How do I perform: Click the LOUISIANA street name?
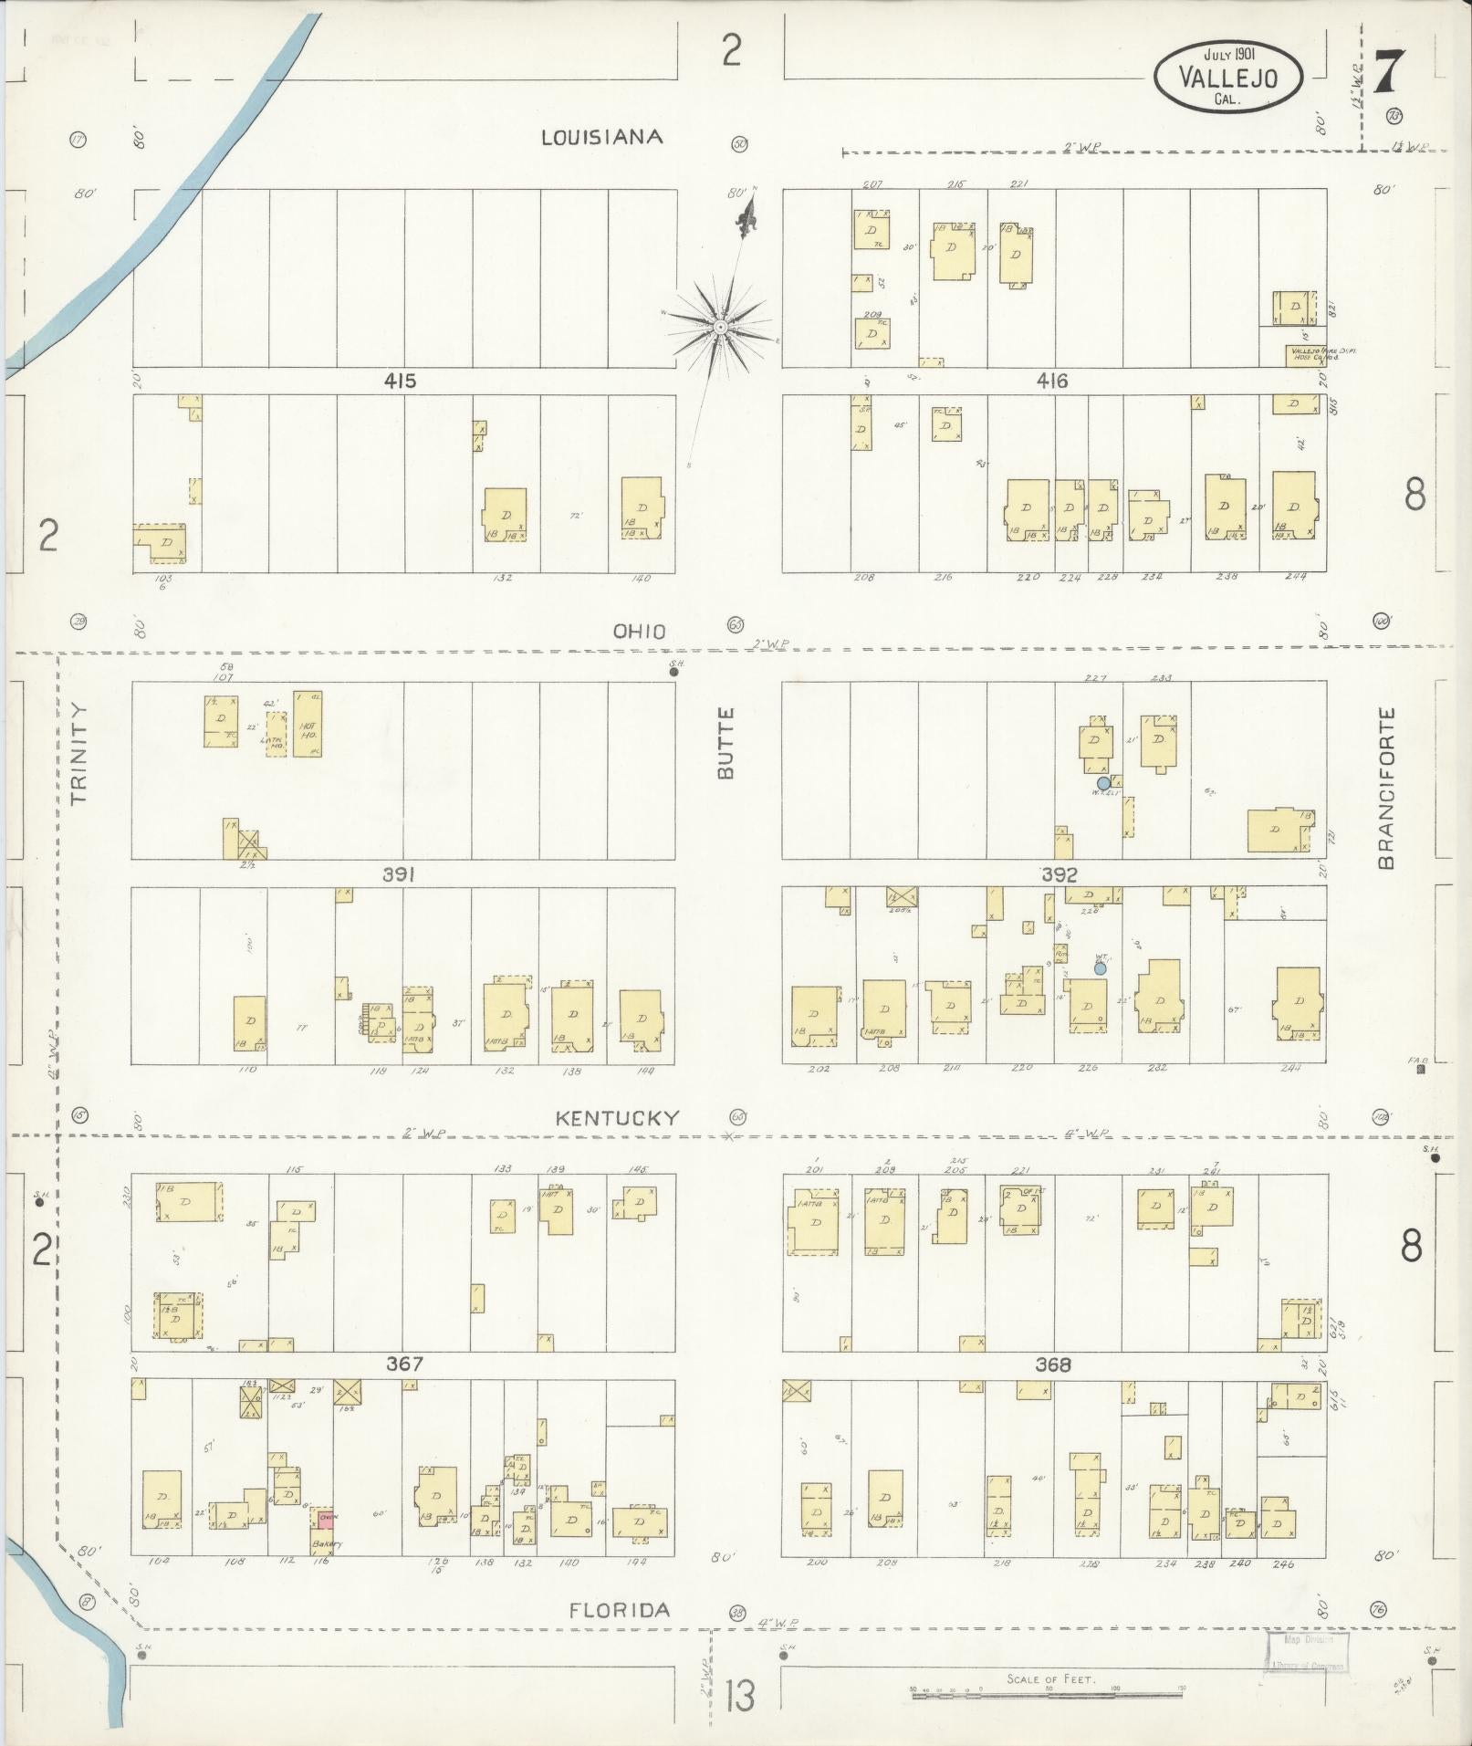click(601, 137)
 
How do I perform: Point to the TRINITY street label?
click(78, 753)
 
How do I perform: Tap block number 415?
click(400, 381)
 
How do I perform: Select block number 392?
click(1060, 874)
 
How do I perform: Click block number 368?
click(1052, 1365)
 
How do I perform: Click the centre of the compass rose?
click(720, 326)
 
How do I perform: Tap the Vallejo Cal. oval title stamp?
click(1227, 78)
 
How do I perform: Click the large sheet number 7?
click(1387, 72)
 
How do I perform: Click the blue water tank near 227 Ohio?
click(1103, 782)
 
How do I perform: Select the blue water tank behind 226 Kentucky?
click(1101, 967)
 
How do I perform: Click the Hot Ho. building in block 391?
click(308, 724)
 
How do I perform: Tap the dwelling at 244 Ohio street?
click(1293, 507)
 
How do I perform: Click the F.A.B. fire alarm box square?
click(1420, 1071)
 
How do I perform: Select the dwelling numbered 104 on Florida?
click(162, 1500)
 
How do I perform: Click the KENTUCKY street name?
click(618, 1118)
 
